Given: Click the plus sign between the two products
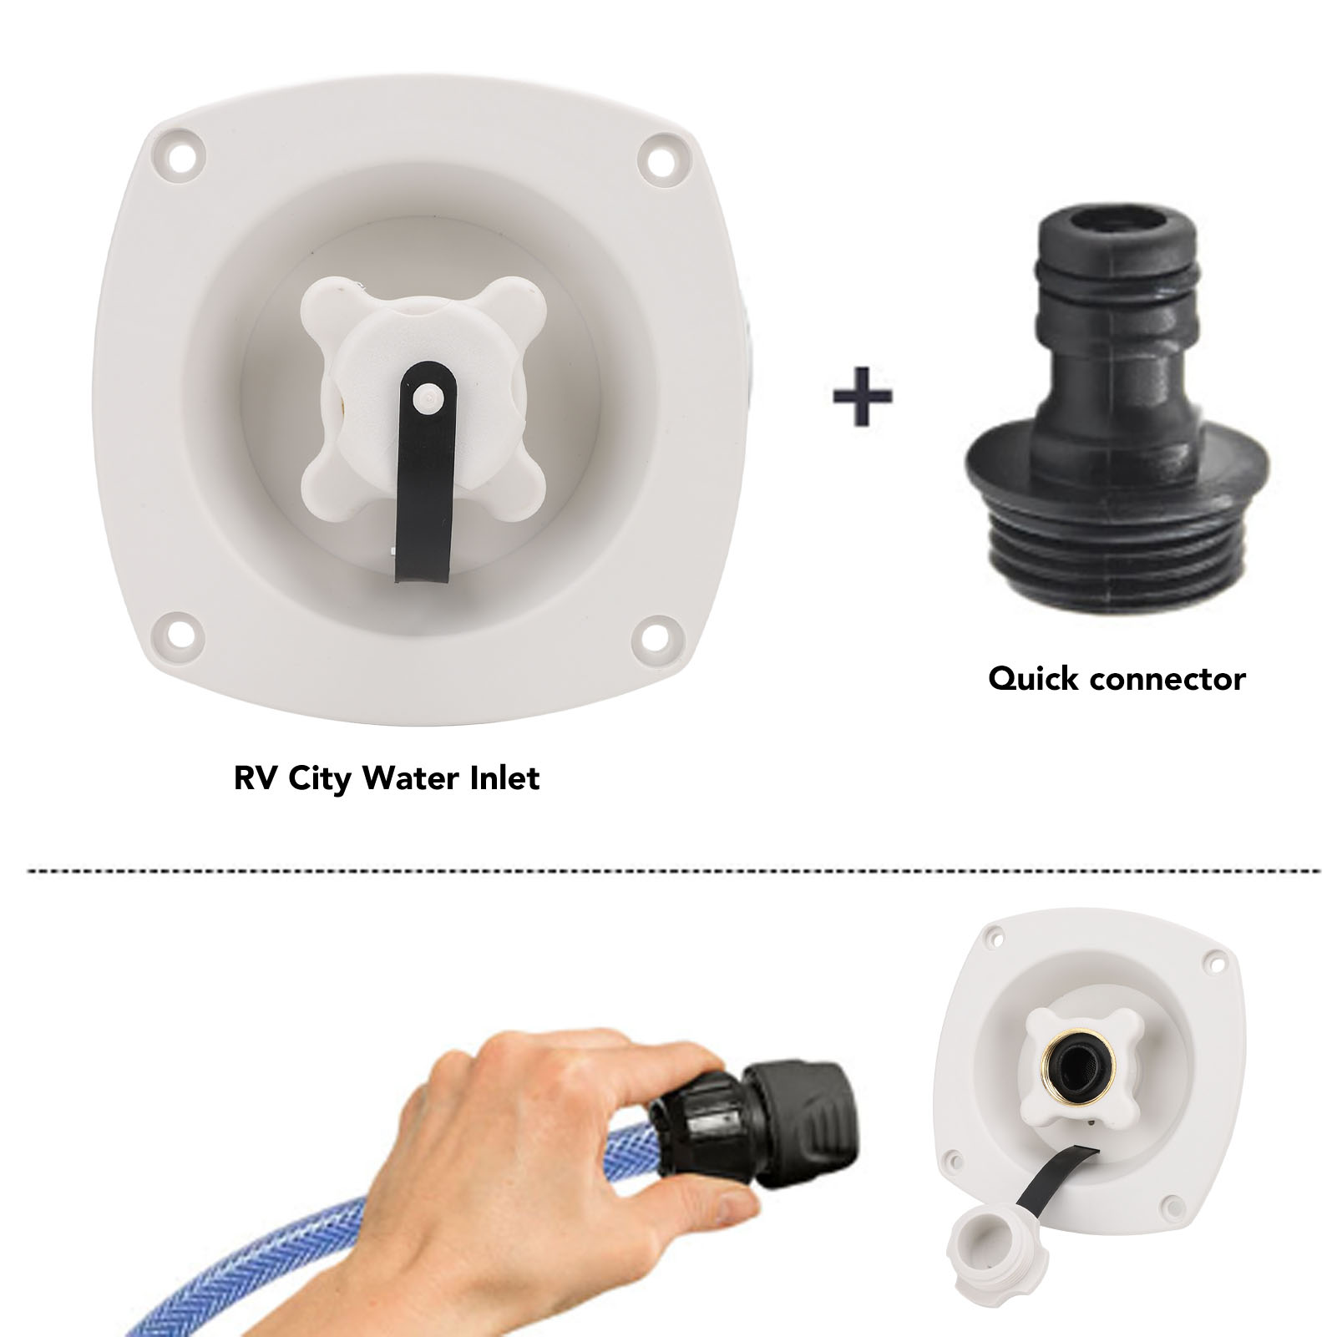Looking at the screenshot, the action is [863, 393].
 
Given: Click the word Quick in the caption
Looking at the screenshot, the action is [1036, 679].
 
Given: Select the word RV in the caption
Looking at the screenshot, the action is [256, 778].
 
